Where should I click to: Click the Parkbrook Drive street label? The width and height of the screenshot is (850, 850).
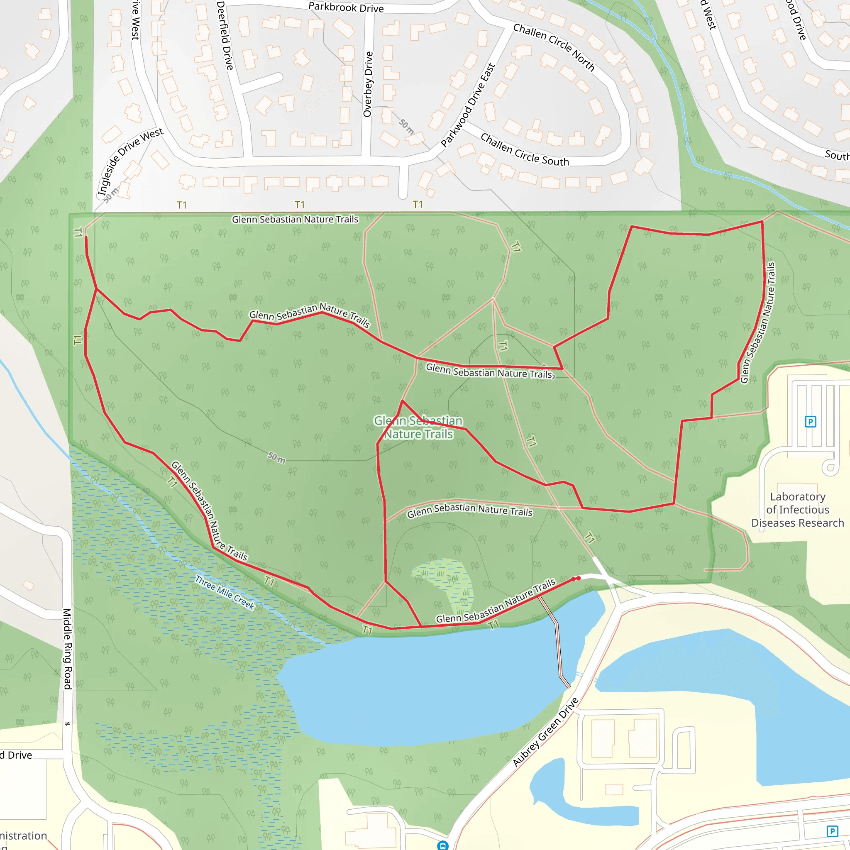click(346, 7)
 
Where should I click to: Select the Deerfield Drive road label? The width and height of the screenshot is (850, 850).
click(225, 35)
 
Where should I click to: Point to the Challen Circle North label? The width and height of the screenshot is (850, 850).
click(554, 47)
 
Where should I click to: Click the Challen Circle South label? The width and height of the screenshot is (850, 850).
click(525, 150)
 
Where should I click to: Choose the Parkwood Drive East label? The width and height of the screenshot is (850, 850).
click(468, 105)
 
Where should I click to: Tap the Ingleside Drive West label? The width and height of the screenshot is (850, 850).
click(130, 161)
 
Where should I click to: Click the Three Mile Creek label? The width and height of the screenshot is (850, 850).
click(225, 593)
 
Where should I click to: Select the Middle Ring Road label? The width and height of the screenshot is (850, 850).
click(67, 649)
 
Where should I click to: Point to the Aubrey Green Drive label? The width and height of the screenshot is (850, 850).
click(545, 732)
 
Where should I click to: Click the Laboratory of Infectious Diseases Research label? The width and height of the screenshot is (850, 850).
click(797, 510)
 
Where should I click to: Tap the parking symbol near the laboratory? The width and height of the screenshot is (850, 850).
click(811, 422)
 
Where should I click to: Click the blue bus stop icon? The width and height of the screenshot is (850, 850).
click(442, 845)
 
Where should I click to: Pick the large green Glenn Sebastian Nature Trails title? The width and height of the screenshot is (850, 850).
click(418, 427)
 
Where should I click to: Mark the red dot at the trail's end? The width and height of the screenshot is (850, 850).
click(579, 578)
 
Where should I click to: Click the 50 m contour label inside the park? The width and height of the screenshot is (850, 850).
click(276, 457)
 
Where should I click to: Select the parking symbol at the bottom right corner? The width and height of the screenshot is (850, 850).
click(832, 831)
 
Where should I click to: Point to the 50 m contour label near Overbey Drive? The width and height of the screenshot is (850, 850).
click(406, 127)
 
